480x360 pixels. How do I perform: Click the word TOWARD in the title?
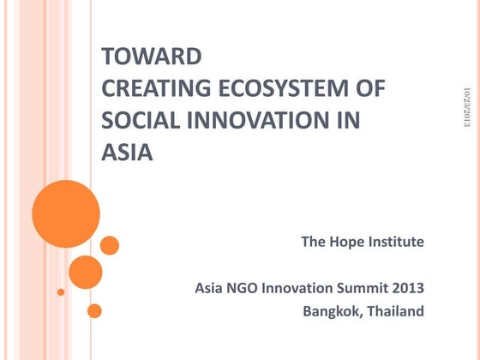[152, 57]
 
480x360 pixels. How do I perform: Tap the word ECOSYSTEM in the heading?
[295, 89]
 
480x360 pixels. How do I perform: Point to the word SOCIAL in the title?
[135, 121]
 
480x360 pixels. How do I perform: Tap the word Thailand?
[397, 311]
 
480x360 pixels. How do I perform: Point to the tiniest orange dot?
[61, 291]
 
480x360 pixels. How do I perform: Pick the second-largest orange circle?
[85, 273]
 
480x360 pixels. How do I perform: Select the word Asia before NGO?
[211, 287]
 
